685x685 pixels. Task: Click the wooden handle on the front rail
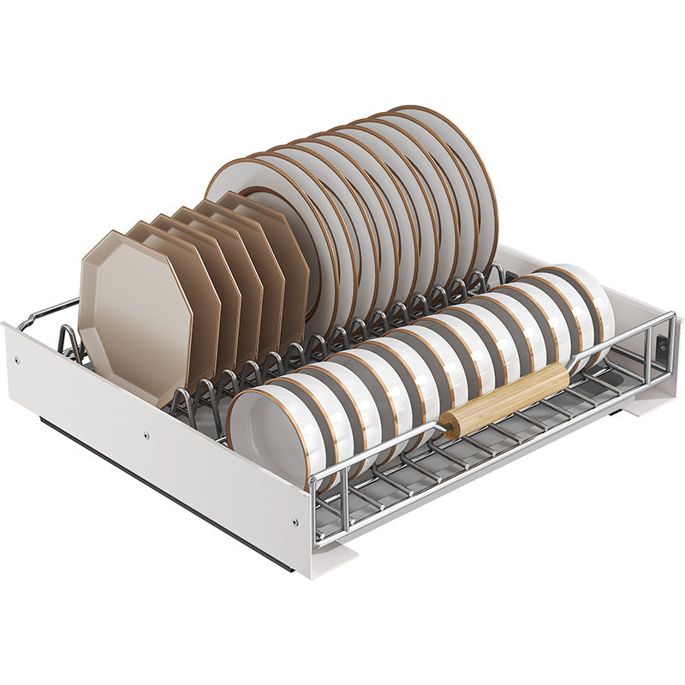(505, 399)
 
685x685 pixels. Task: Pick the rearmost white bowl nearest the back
(591, 300)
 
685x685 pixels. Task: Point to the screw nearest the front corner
(295, 520)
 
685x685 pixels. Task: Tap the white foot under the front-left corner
(334, 561)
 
